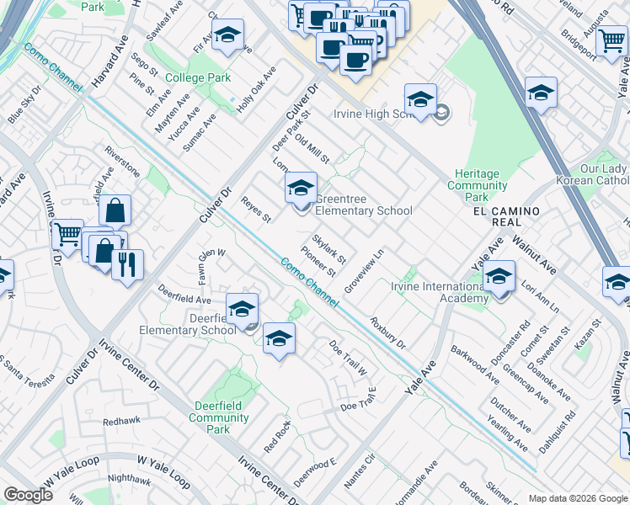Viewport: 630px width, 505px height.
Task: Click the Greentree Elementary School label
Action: point(364,211)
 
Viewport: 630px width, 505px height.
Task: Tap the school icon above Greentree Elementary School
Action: point(300,189)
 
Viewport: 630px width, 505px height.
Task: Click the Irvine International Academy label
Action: point(440,293)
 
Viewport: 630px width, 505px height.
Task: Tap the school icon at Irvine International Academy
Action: point(499,277)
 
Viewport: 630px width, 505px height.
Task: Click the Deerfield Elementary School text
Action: point(187,324)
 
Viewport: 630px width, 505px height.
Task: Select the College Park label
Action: point(198,78)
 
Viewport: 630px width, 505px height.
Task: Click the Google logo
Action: point(28,495)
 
